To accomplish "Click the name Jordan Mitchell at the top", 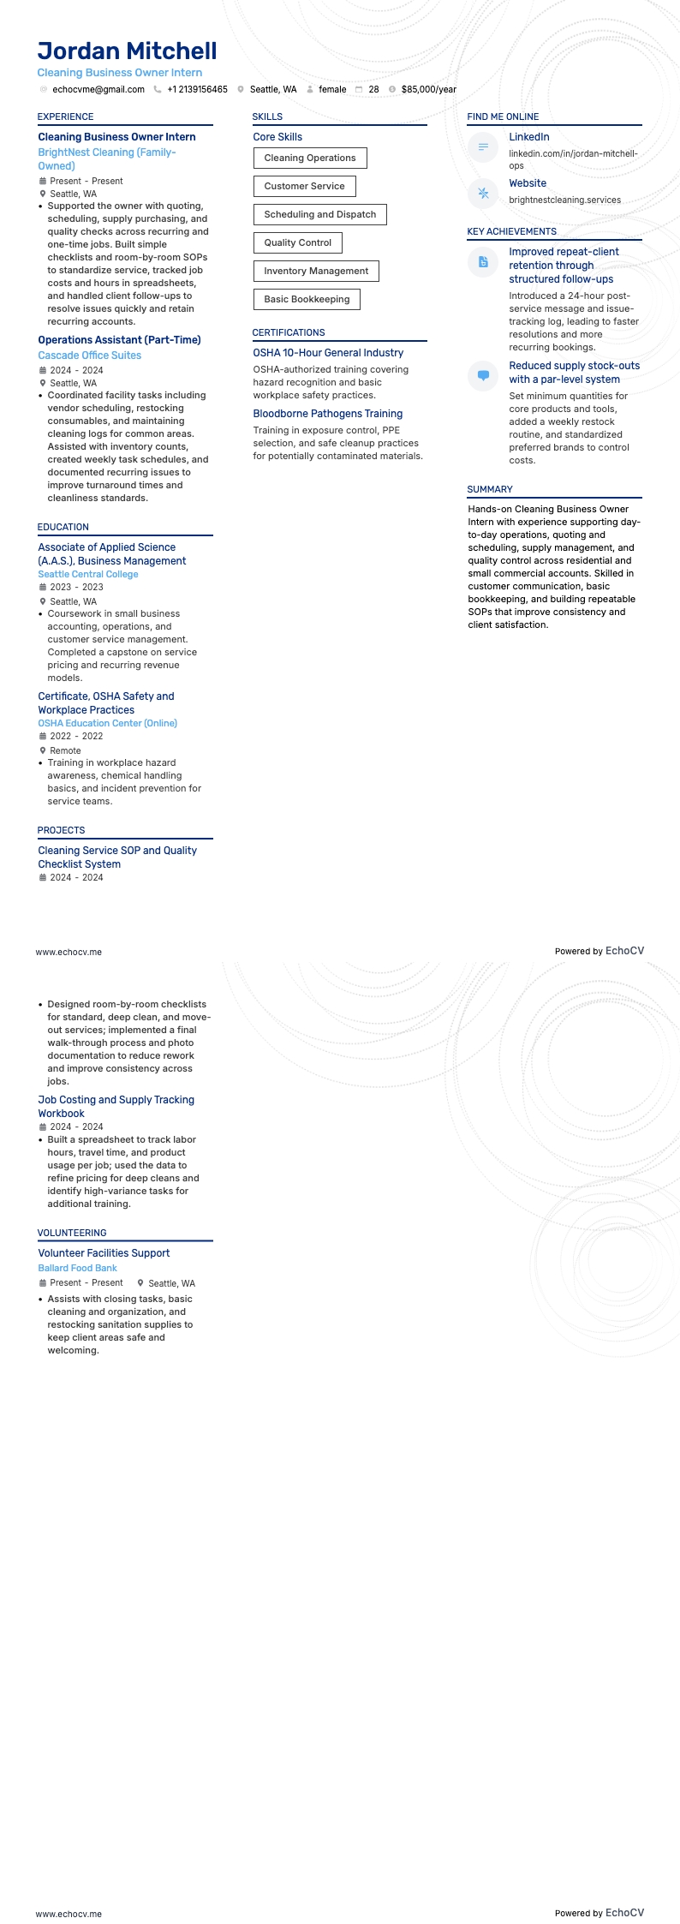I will [127, 51].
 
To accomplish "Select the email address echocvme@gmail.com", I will [98, 89].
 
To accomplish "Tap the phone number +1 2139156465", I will [197, 89].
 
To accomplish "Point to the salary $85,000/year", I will [428, 89].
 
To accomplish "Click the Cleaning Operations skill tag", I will [309, 158].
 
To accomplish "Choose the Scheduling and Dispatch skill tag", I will [319, 214].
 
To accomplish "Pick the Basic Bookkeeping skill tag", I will [307, 299].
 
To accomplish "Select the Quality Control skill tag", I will [297, 242].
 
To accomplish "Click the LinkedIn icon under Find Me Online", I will [483, 147].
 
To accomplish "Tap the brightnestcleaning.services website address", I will [564, 200].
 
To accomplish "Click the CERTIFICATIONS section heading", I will [288, 332].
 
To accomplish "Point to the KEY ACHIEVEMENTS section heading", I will [511, 231].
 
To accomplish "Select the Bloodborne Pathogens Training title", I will [327, 414].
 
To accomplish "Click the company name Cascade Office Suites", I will [89, 356].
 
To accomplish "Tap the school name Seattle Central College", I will [87, 574].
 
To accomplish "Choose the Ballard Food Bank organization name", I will [77, 1268].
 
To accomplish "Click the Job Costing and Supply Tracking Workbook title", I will [116, 1107].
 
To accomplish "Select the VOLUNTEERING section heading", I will [72, 1233].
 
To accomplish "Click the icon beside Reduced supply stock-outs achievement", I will [483, 376].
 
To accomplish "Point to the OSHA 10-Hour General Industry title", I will [327, 353].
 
